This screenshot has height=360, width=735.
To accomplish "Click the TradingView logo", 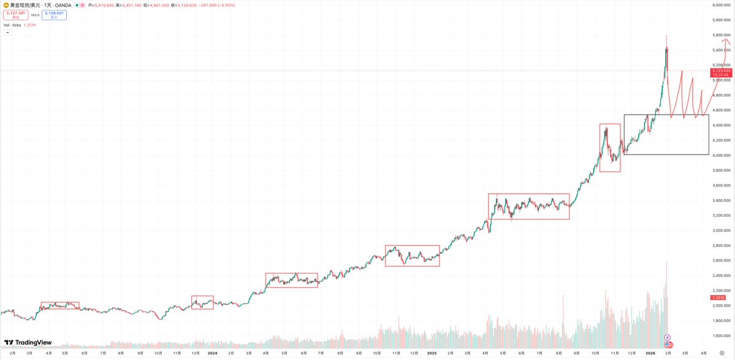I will pyautogui.click(x=28, y=343).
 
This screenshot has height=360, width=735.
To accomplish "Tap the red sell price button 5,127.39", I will pyautogui.click(x=15, y=14).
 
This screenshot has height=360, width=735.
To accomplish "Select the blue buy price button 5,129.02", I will pyautogui.click(x=54, y=14).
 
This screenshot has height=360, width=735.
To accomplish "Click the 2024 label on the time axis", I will pyautogui.click(x=212, y=353).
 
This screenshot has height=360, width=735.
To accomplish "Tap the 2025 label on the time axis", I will pyautogui.click(x=432, y=353).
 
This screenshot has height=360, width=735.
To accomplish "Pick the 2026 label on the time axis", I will pyautogui.click(x=650, y=353).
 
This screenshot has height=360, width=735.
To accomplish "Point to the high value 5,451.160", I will pyautogui.click(x=147, y=4).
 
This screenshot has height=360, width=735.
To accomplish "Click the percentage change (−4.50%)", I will pyautogui.click(x=257, y=4).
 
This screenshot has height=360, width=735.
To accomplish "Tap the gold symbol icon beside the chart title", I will pyautogui.click(x=5, y=4).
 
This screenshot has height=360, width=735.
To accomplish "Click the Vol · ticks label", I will pyautogui.click(x=12, y=25).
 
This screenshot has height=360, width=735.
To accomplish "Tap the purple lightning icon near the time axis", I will pyautogui.click(x=668, y=337).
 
